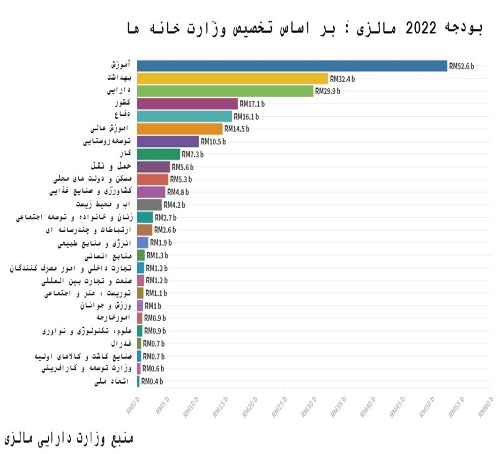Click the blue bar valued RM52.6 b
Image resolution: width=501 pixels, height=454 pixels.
(x=292, y=66)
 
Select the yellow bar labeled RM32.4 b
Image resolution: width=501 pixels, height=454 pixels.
(x=232, y=78)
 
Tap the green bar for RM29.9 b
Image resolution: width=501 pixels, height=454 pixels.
(x=225, y=91)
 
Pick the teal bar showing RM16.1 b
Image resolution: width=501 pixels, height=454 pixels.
(x=185, y=116)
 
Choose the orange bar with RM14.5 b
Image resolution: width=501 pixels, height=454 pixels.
(x=180, y=129)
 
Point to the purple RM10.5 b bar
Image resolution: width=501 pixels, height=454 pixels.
(x=168, y=142)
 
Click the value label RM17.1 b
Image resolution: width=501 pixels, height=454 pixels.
(x=253, y=104)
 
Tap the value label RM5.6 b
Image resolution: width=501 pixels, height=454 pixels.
(x=183, y=167)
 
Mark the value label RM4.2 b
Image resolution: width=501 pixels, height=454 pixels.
(x=174, y=205)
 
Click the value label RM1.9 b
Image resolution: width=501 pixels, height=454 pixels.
(x=161, y=242)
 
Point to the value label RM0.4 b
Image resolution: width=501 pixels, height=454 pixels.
(x=152, y=381)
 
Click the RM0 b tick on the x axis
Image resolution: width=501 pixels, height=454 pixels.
(x=133, y=404)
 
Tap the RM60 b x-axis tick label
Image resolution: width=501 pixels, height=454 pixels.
(x=486, y=404)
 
